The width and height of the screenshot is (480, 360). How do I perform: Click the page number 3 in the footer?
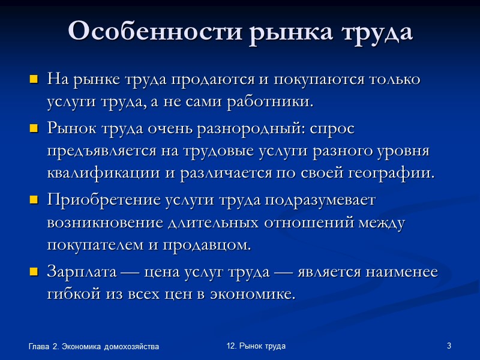(449, 347)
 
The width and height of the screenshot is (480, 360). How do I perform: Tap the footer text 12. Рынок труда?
(256, 346)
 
